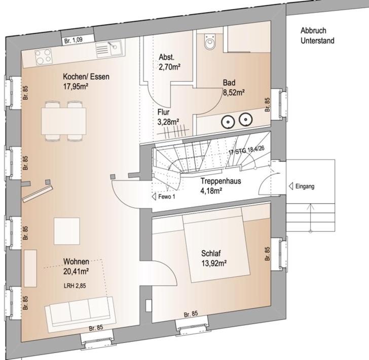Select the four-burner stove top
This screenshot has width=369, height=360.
pyautogui.click(x=43, y=56)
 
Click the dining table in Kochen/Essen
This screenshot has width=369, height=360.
pyautogui.click(x=63, y=121)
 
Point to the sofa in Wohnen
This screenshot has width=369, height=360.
pyautogui.click(x=81, y=314)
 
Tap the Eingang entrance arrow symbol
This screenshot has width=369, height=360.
pyautogui.click(x=291, y=186)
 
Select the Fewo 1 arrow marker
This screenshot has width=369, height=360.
pyautogui.click(x=155, y=197)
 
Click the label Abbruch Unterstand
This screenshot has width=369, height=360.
pyautogui.click(x=317, y=35)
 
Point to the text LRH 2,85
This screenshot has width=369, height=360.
pyautogui.click(x=75, y=286)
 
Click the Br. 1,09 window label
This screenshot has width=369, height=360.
pyautogui.click(x=73, y=40)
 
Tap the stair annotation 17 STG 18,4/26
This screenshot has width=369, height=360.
pyautogui.click(x=246, y=150)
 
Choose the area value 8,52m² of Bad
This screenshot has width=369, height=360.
pyautogui.click(x=234, y=92)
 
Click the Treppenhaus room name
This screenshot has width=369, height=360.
pyautogui.click(x=221, y=181)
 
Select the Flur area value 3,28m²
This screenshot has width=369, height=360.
pyautogui.click(x=168, y=122)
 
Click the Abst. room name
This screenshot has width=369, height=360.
pyautogui.click(x=167, y=57)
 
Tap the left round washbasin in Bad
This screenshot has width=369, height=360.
pyautogui.click(x=228, y=122)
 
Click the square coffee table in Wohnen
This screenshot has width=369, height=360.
pyautogui.click(x=67, y=231)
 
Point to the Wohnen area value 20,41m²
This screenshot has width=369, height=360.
pyautogui.click(x=76, y=271)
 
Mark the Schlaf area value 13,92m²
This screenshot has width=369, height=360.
pyautogui.click(x=214, y=263)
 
